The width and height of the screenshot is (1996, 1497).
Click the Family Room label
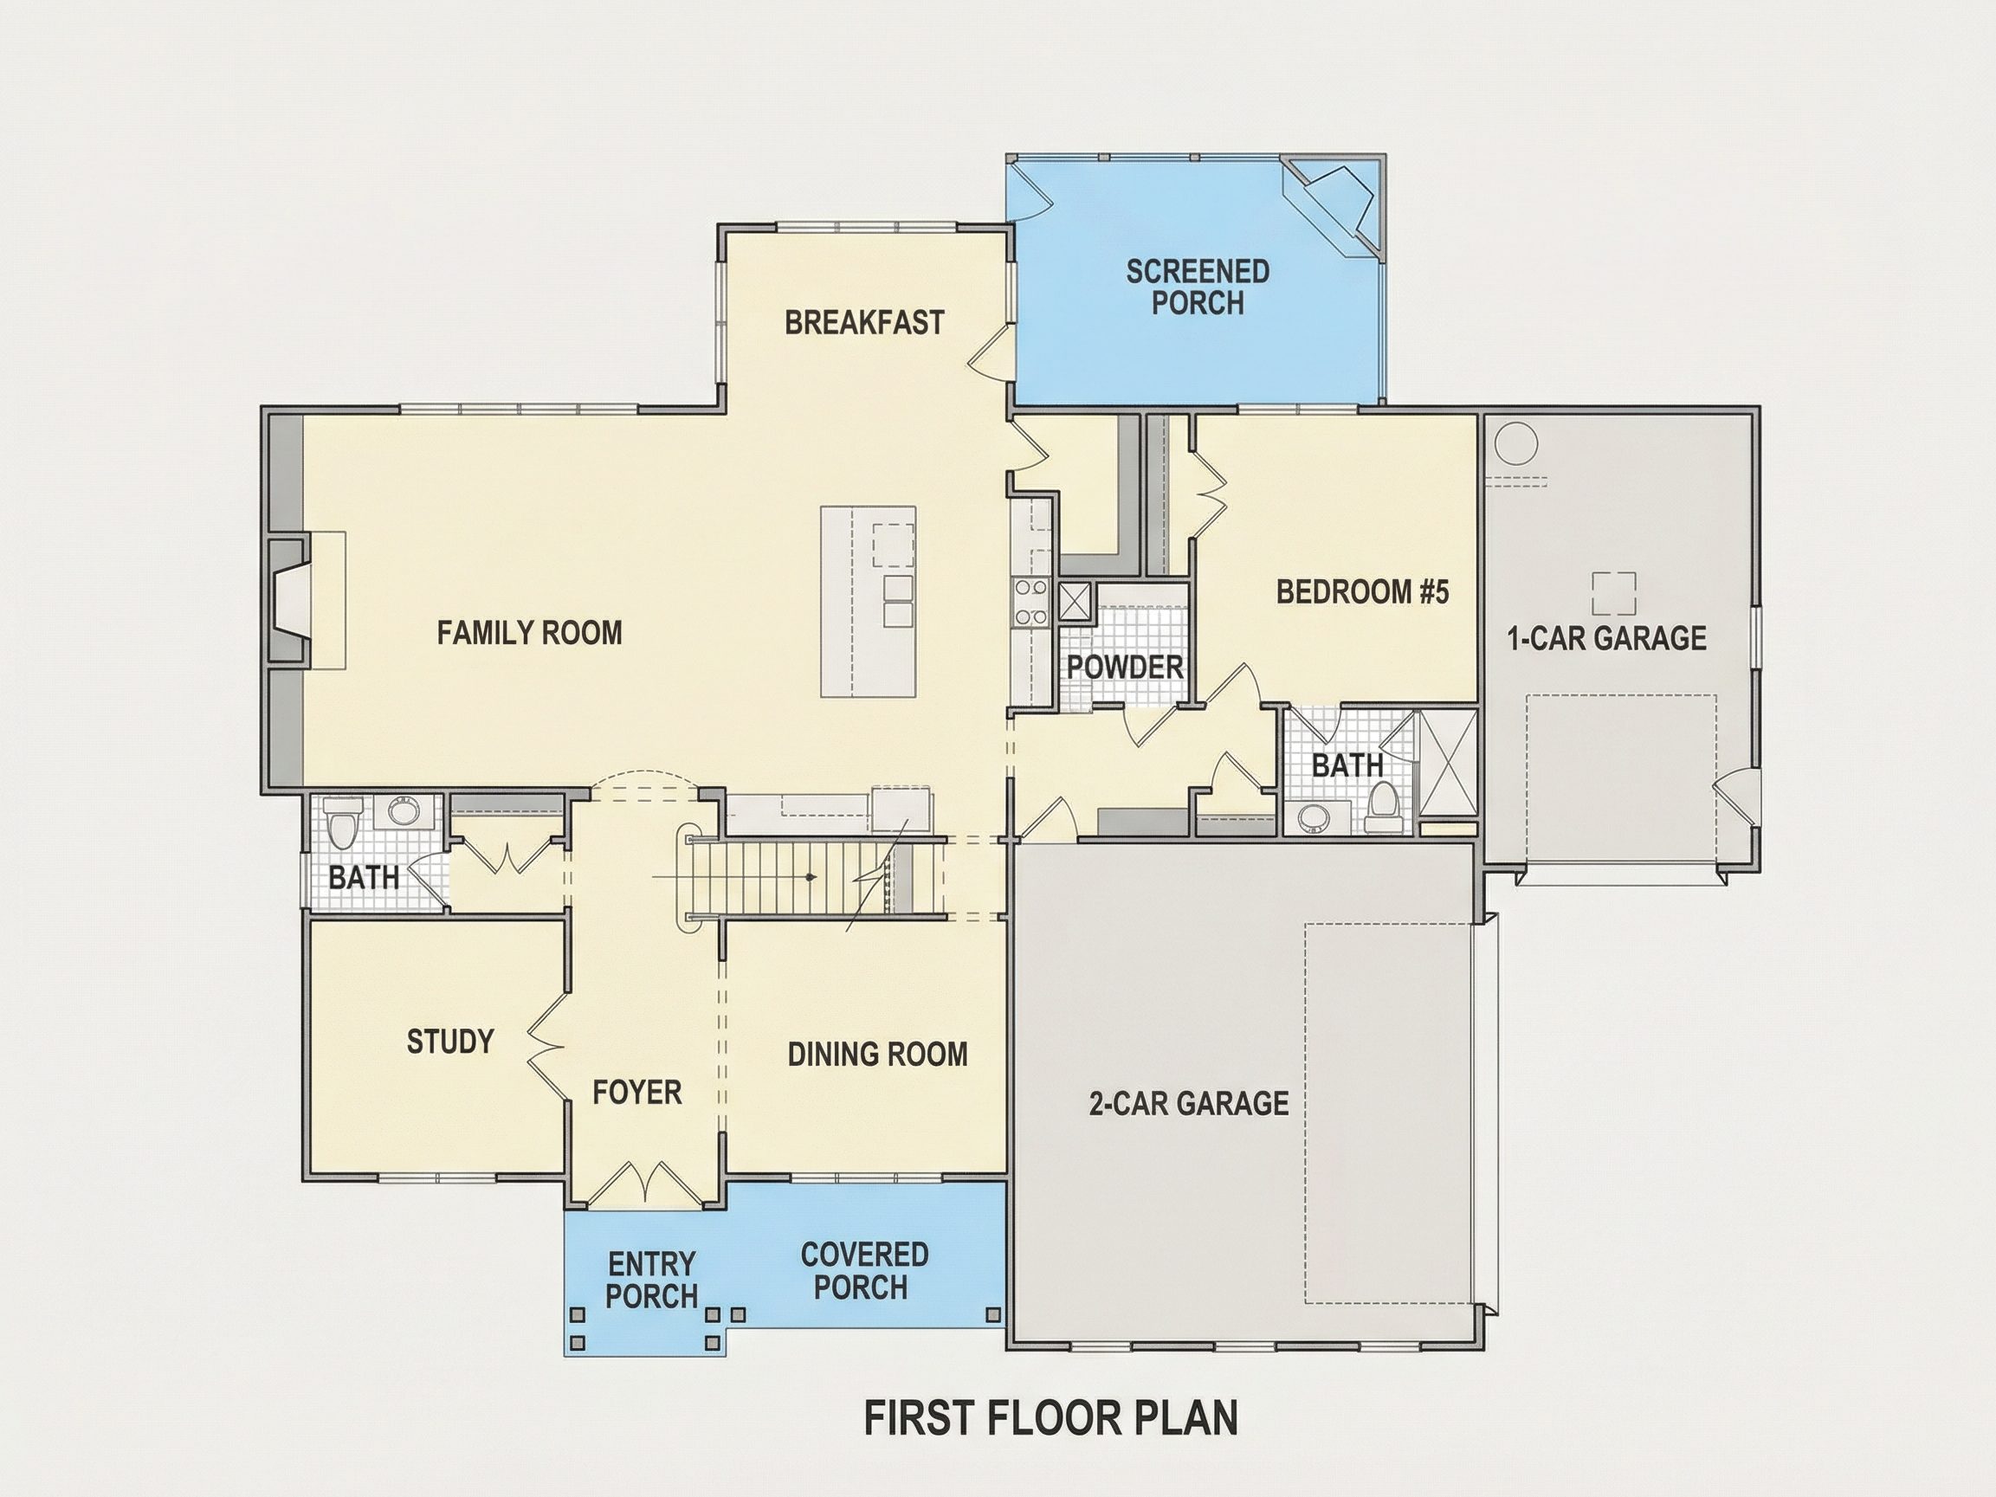pyautogui.click(x=530, y=633)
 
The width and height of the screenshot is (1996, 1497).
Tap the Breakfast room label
pyautogui.click(x=864, y=322)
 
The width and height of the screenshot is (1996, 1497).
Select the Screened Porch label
pyautogui.click(x=1198, y=287)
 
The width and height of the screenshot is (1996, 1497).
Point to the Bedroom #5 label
pyautogui.click(x=1362, y=592)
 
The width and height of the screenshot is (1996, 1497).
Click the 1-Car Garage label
pyautogui.click(x=1607, y=638)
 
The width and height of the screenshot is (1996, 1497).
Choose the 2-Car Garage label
pyautogui.click(x=1188, y=1103)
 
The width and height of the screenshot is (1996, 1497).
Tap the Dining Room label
pyautogui.click(x=877, y=1054)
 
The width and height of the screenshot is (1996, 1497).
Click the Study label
pyautogui.click(x=450, y=1042)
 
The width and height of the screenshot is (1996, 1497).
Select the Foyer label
pyautogui.click(x=637, y=1092)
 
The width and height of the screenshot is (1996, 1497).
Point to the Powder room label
pyautogui.click(x=1125, y=667)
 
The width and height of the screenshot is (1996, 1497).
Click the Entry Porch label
pyautogui.click(x=651, y=1280)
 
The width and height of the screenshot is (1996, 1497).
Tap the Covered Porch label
pyautogui.click(x=863, y=1270)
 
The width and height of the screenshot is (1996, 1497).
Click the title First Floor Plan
pyautogui.click(x=1051, y=1417)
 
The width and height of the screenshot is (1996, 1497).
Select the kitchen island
pyautogui.click(x=868, y=601)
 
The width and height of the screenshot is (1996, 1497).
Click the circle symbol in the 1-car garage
pyautogui.click(x=1515, y=444)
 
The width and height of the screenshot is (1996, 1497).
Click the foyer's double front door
pyautogui.click(x=644, y=1182)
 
